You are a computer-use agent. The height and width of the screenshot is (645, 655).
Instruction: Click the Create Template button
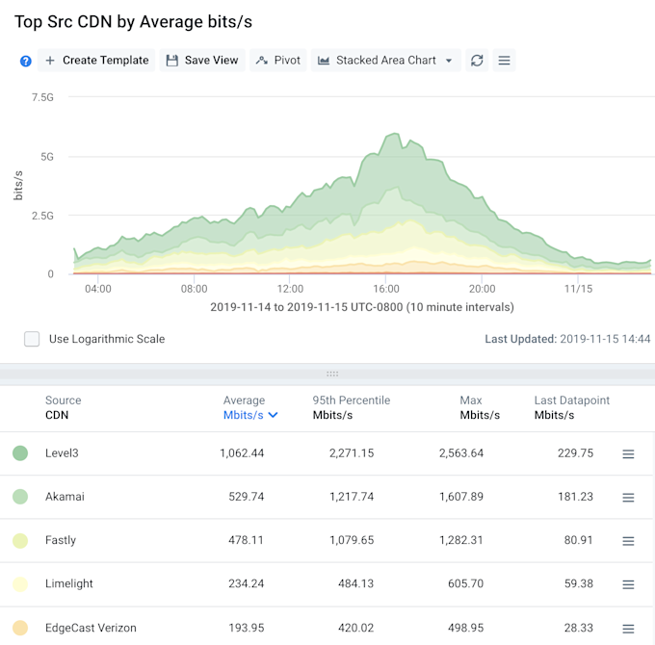[x=96, y=61]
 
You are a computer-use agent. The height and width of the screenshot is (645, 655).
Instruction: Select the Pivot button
[x=278, y=61]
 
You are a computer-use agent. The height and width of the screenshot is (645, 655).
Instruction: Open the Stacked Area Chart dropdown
[x=385, y=61]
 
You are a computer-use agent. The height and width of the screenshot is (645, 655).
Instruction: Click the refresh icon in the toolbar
[x=477, y=61]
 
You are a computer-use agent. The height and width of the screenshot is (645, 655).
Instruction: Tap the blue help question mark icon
[x=26, y=61]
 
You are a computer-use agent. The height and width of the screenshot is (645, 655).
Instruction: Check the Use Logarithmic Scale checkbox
[x=32, y=339]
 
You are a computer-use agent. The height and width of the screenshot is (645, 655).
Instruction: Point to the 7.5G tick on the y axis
[x=42, y=97]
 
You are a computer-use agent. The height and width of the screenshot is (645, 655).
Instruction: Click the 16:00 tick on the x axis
[x=385, y=289]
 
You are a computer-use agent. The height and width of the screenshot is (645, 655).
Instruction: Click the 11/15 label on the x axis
[x=579, y=289]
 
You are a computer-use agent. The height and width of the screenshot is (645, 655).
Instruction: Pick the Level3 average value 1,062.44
[x=243, y=453]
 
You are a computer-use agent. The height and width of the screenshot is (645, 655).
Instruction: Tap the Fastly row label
[x=61, y=540]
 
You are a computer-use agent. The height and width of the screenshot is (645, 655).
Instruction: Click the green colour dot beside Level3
[x=20, y=453]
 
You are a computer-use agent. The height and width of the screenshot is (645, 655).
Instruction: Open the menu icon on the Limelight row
[x=628, y=584]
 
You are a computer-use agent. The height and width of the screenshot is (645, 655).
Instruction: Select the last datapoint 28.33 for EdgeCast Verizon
[x=576, y=628]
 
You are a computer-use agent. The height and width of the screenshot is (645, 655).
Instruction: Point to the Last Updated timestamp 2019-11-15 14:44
[x=605, y=339]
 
